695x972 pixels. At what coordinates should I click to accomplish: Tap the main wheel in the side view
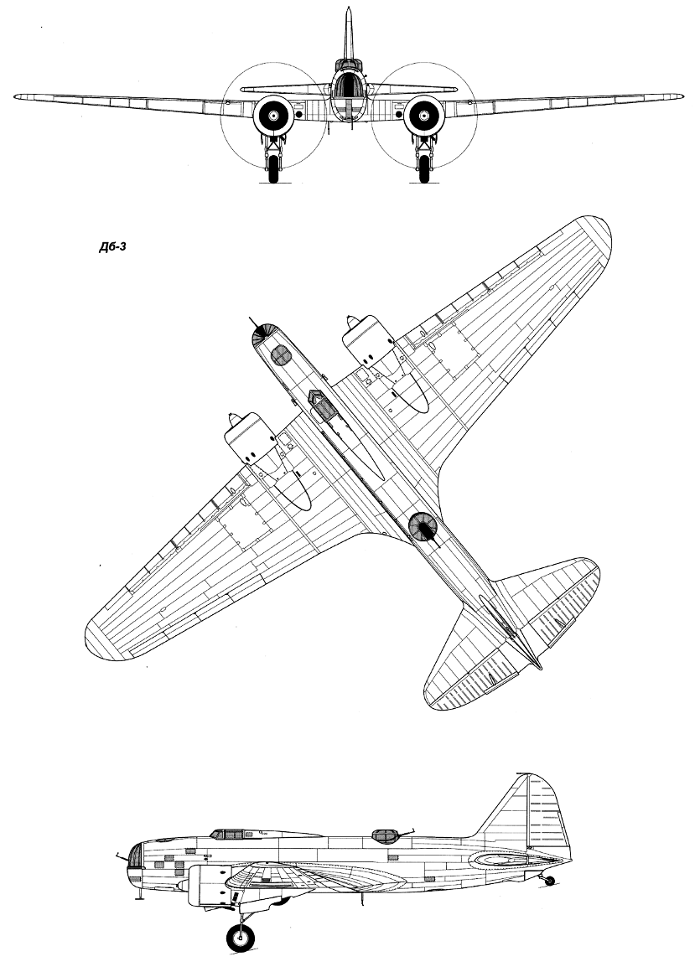point(241,938)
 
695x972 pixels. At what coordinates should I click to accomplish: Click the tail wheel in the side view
point(548,881)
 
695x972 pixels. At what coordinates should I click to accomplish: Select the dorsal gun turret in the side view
point(386,835)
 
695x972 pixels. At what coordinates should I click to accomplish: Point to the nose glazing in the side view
point(134,856)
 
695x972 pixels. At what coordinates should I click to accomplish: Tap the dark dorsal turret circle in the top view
point(423,527)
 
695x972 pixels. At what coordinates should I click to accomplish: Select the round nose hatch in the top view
point(281,355)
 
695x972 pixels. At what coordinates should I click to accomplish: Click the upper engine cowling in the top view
point(368,340)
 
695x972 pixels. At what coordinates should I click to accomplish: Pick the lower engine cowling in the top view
point(250,438)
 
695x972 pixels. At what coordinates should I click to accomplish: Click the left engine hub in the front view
point(273,116)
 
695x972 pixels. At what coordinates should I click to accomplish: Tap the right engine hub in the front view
point(424,116)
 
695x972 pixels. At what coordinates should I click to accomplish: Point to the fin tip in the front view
point(349,8)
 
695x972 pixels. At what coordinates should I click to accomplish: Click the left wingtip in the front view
point(18,96)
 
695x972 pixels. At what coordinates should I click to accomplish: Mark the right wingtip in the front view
point(680,96)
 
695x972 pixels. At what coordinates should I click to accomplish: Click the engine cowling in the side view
point(209,885)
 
